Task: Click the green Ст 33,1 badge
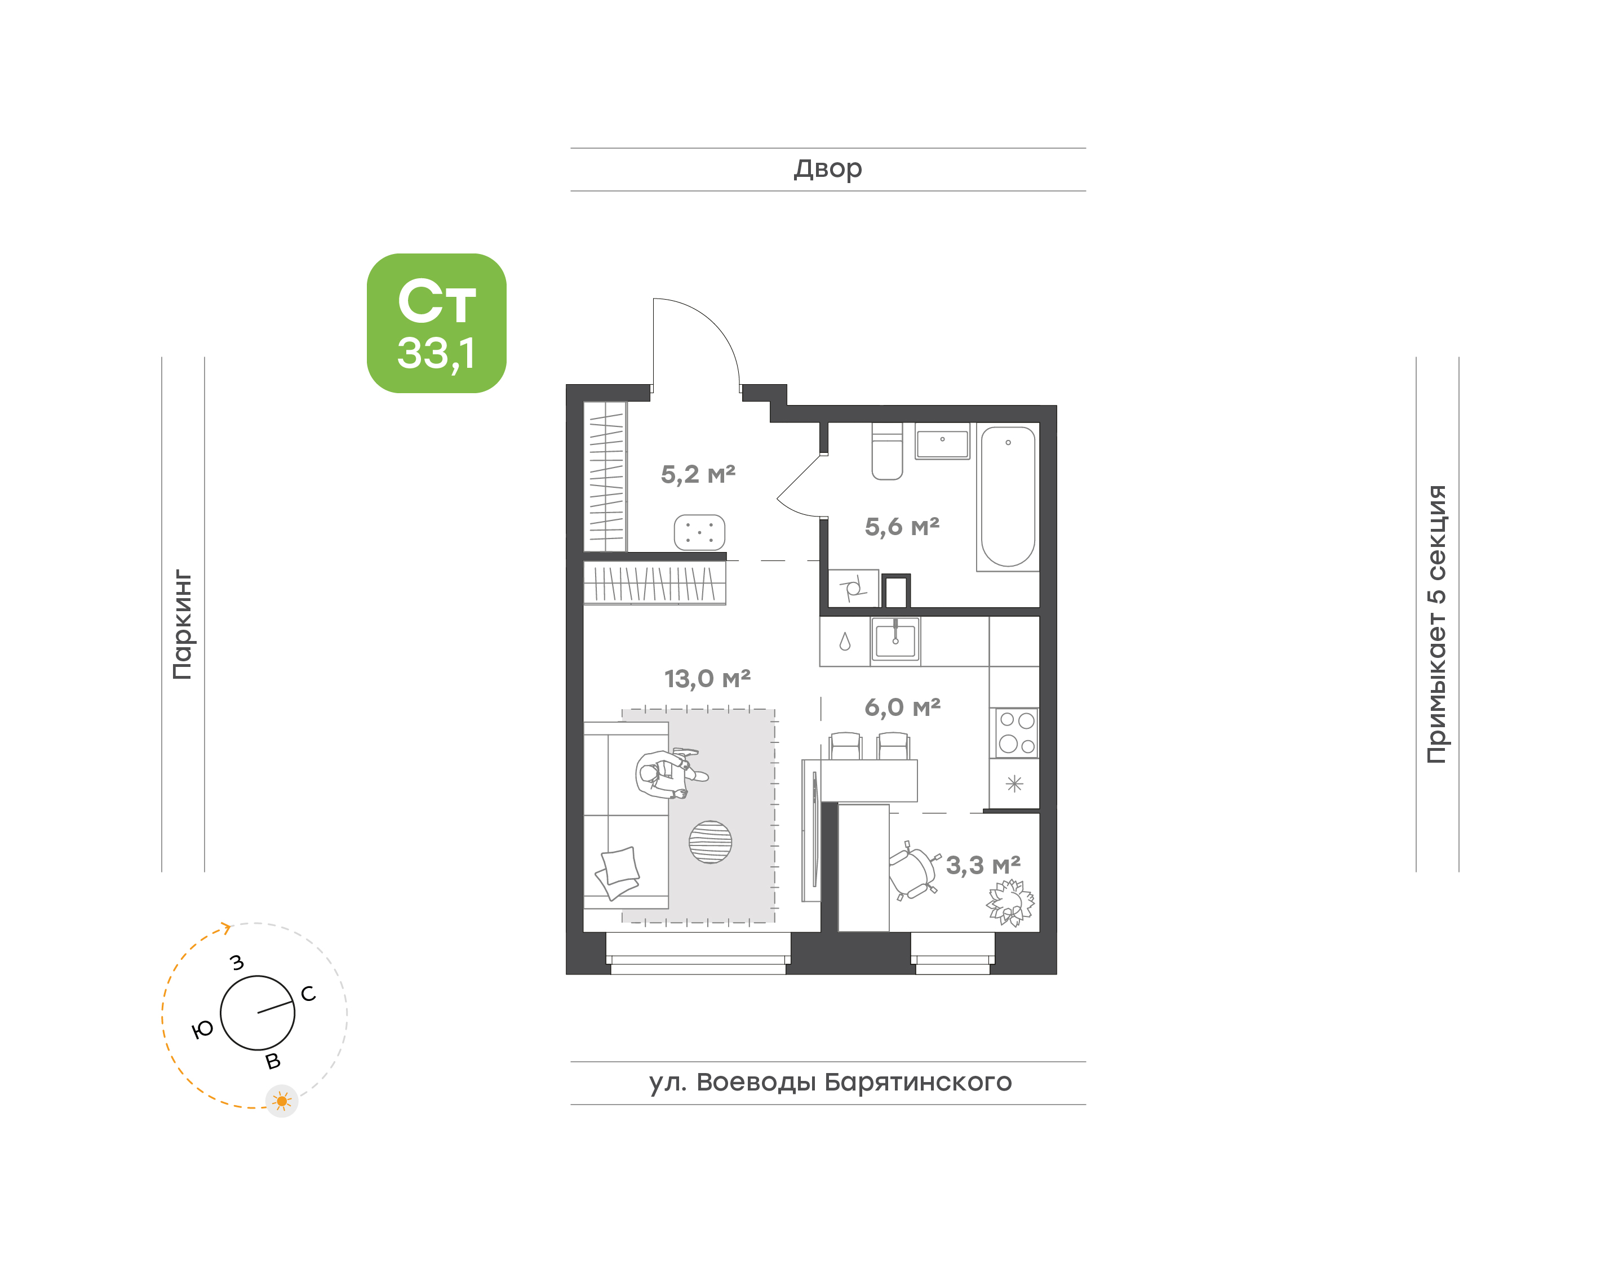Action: [436, 323]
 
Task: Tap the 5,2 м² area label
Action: [698, 474]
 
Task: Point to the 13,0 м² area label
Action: [707, 678]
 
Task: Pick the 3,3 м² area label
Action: [983, 865]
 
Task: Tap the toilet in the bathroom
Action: [887, 451]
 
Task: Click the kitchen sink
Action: [895, 639]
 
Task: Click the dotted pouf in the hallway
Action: [699, 532]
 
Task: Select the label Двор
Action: [827, 169]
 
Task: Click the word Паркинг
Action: [182, 625]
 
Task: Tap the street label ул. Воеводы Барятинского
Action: [830, 1081]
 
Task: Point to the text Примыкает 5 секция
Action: [1436, 625]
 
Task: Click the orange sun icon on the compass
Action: [282, 1101]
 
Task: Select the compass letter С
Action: [308, 994]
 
